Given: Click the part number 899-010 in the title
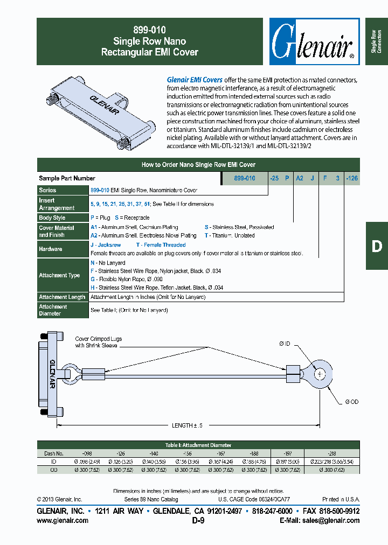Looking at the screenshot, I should pyautogui.click(x=150, y=31).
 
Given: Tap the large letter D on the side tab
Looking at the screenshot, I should pyautogui.click(x=377, y=246).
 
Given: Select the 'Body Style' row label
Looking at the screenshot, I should pyautogui.click(x=52, y=218).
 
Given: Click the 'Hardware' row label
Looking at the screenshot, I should pyautogui.click(x=51, y=249).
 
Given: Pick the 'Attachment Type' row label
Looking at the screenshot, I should pyautogui.click(x=59, y=275).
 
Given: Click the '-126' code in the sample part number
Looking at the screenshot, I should pyautogui.click(x=352, y=178).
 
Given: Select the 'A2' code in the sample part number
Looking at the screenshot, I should pyautogui.click(x=300, y=178).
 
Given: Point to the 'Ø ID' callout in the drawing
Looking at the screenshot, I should pyautogui.click(x=285, y=343).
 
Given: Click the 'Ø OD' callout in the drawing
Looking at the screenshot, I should pyautogui.click(x=351, y=402).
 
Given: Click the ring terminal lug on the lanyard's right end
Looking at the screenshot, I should pyautogui.click(x=319, y=373).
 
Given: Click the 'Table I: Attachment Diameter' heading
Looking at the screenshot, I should pyautogui.click(x=198, y=445).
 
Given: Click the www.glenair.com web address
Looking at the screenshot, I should pyautogui.click(x=63, y=521).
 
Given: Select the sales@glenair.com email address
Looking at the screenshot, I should pyautogui.click(x=331, y=521).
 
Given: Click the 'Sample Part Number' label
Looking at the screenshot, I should pyautogui.click(x=67, y=178).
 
